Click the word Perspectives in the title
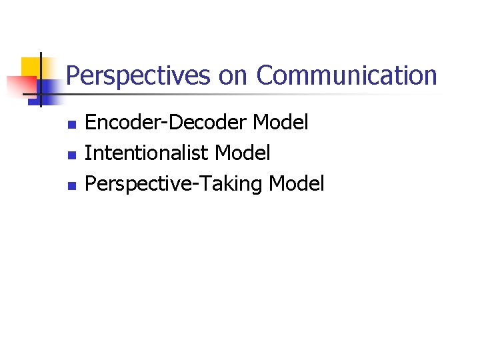[x=138, y=76]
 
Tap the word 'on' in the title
[x=233, y=76]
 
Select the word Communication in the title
[x=347, y=76]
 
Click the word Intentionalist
[x=147, y=153]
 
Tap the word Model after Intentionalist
[x=243, y=153]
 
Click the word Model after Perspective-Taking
[x=297, y=183]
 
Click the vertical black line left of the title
[x=40, y=80]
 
